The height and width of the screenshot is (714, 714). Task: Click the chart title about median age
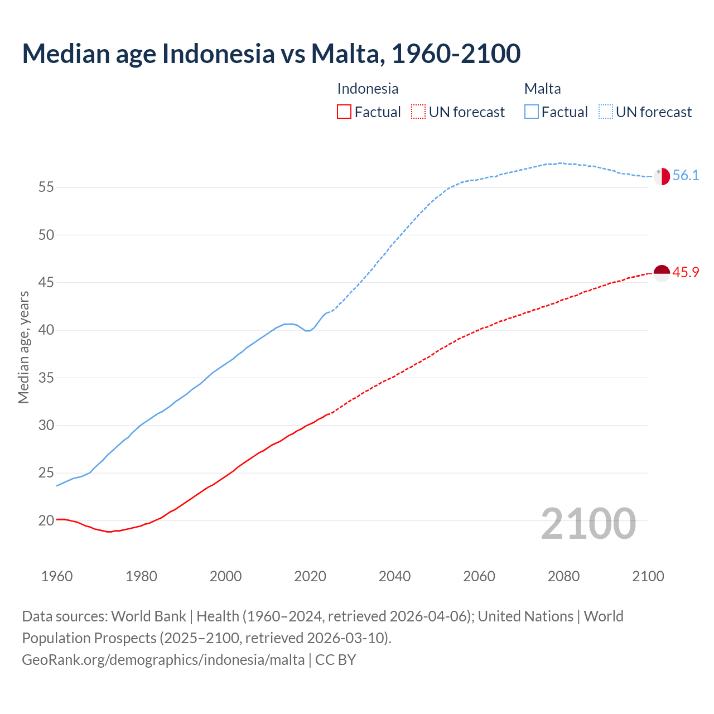(271, 54)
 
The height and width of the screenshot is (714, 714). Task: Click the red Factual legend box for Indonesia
(344, 112)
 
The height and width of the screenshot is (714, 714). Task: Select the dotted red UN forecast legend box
(418, 112)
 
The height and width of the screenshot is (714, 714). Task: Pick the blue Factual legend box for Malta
(532, 112)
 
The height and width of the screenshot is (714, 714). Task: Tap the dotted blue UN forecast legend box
(606, 112)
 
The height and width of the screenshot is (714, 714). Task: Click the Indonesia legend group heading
(368, 89)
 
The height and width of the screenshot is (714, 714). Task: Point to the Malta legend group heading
(542, 89)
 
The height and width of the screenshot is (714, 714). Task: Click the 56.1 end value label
(686, 175)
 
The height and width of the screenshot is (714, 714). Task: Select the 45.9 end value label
(686, 272)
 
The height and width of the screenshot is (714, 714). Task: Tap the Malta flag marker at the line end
(662, 176)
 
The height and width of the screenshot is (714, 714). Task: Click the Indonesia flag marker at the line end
(662, 273)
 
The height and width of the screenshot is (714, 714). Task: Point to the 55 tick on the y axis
(46, 187)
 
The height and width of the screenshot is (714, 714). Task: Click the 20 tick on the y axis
(46, 521)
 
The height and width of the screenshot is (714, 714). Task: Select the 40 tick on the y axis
(46, 330)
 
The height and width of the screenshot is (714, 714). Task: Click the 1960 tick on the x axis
(57, 576)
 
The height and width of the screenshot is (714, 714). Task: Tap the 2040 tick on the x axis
(394, 576)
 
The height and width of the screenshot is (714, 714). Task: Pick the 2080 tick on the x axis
(563, 576)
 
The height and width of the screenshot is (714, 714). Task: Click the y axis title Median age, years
(23, 347)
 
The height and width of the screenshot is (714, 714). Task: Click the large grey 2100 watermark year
(588, 523)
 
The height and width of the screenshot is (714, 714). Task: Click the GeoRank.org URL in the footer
(163, 660)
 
